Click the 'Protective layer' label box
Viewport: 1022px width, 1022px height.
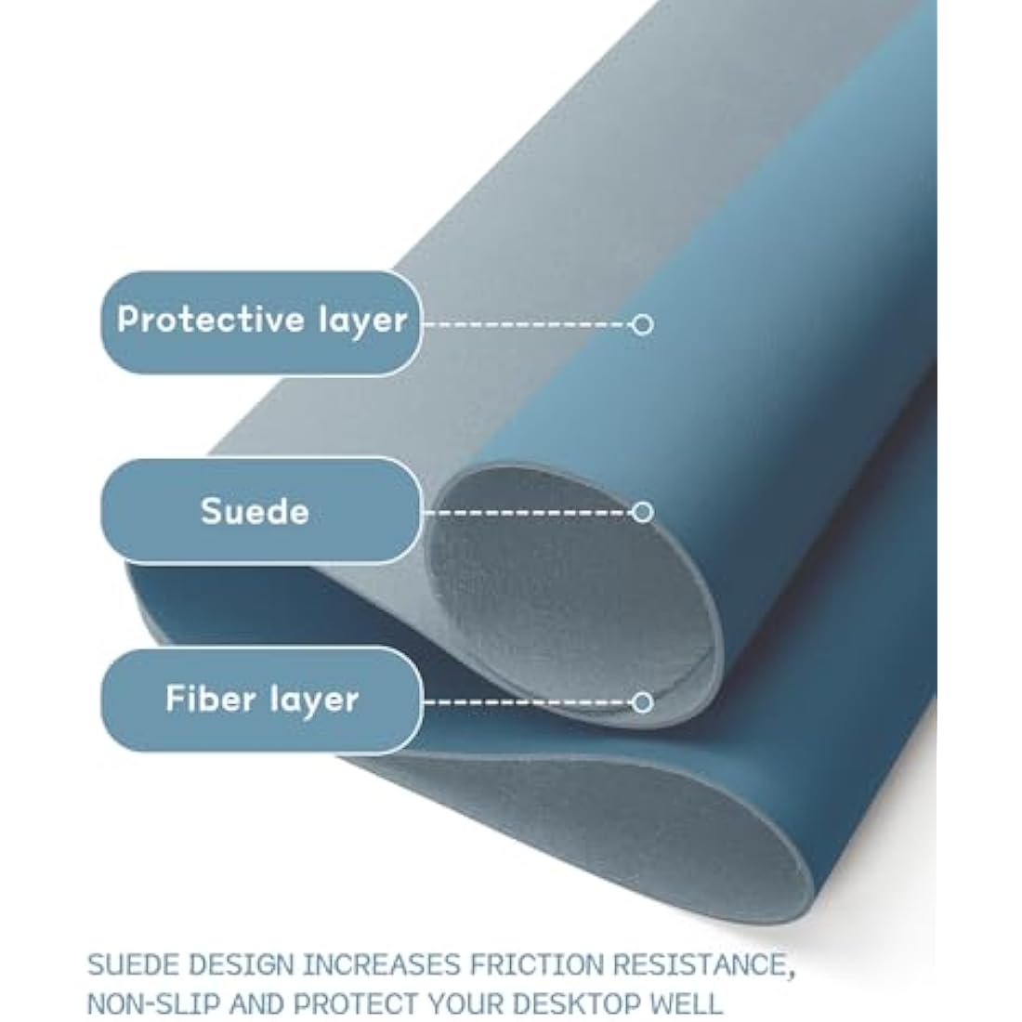(x=261, y=323)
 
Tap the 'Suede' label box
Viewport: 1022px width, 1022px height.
(x=261, y=510)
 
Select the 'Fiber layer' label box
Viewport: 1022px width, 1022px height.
(x=261, y=700)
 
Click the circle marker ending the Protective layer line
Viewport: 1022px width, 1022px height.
(x=642, y=324)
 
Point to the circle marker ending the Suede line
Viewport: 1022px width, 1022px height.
(x=642, y=512)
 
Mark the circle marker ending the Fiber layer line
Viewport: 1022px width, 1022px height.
(x=642, y=702)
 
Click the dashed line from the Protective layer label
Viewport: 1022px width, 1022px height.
(x=528, y=324)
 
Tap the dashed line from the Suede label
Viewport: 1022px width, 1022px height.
(x=528, y=512)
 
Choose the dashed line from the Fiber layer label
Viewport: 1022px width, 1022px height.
(x=528, y=702)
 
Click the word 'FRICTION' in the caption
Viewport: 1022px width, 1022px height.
(x=537, y=964)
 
